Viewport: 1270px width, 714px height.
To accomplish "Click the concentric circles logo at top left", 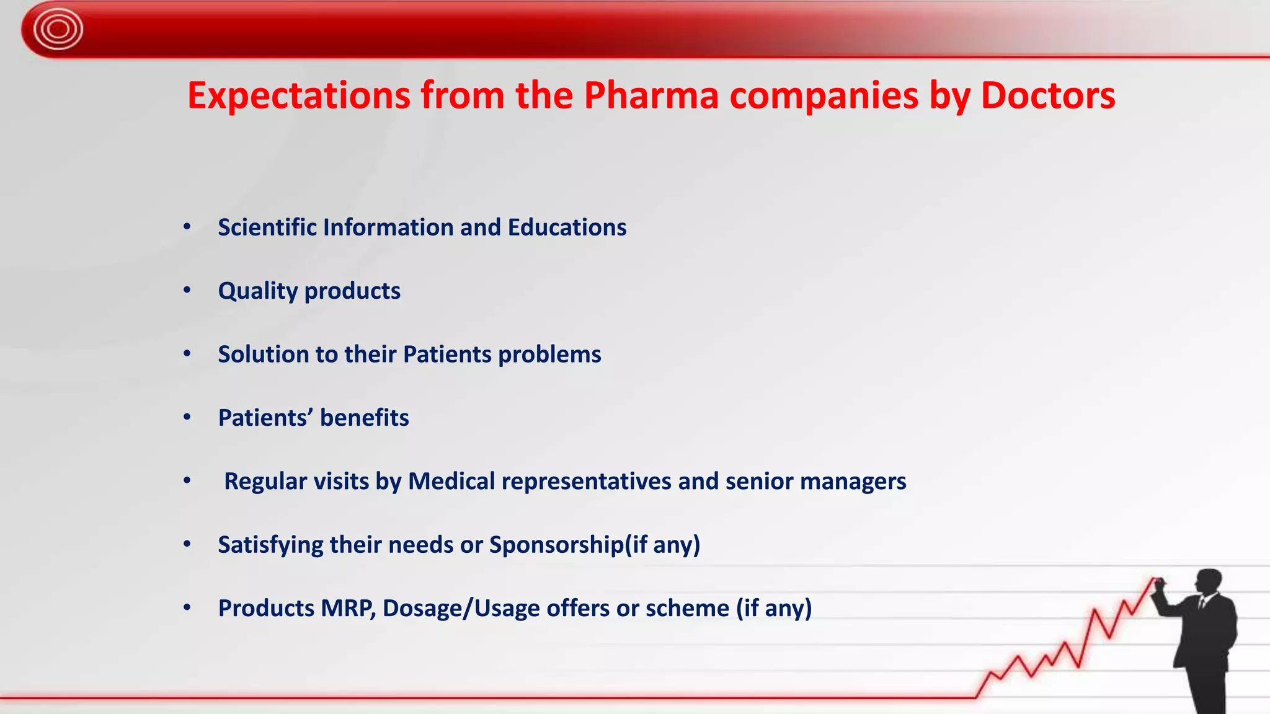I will tap(58, 29).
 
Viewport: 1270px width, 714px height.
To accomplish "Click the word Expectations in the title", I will tap(299, 96).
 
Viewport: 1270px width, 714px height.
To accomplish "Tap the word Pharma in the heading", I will tap(651, 96).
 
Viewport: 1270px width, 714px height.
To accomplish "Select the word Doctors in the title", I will tap(1047, 96).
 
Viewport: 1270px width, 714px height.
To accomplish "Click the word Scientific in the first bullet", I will tap(267, 227).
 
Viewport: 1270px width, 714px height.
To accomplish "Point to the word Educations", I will tap(567, 227).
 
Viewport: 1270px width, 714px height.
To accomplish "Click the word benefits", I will tap(364, 418).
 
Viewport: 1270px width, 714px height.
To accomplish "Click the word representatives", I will tap(586, 482).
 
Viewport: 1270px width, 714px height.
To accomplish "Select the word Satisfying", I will tap(270, 545).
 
